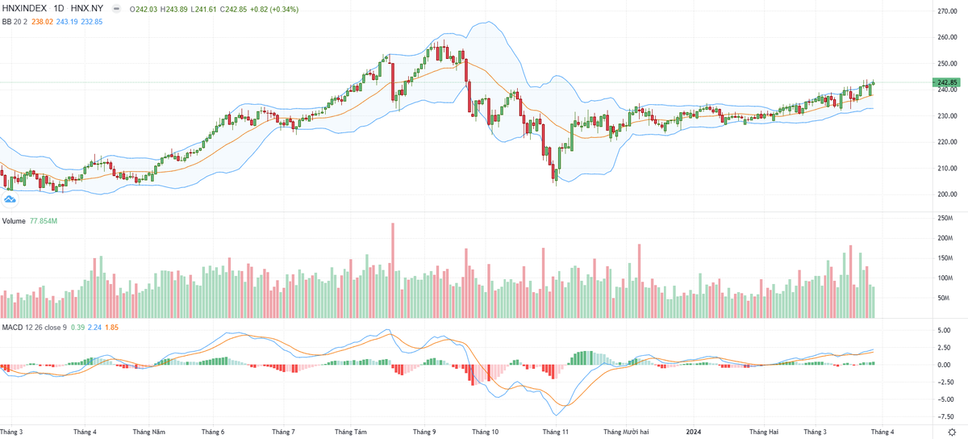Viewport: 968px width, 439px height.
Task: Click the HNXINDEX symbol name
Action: [26, 8]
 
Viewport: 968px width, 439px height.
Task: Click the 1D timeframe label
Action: [60, 8]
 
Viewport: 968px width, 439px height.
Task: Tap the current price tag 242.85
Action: [946, 82]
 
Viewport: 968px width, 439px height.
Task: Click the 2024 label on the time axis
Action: [694, 432]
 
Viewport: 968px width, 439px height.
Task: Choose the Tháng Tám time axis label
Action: [351, 432]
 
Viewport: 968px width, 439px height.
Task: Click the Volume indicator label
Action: [14, 220]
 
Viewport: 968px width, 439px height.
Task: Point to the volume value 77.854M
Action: [46, 220]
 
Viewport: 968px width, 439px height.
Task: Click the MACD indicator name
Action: [12, 327]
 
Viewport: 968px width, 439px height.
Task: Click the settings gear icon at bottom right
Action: [952, 433]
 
